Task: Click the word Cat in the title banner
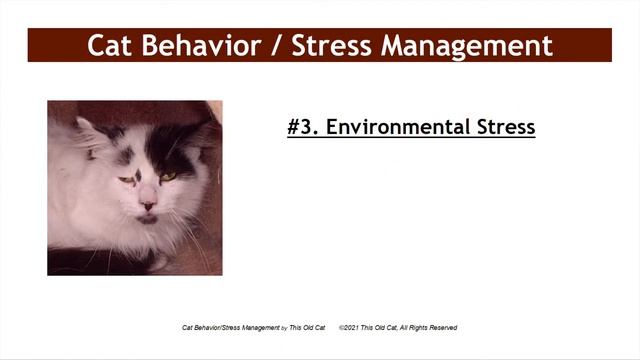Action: (110, 46)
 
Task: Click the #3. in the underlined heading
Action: (302, 128)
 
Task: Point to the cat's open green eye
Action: (168, 177)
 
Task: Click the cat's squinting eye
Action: (126, 180)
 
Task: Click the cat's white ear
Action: (89, 130)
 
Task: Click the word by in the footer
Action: (283, 327)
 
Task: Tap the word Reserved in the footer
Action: (440, 327)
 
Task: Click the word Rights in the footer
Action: (414, 327)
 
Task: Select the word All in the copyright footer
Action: (398, 327)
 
